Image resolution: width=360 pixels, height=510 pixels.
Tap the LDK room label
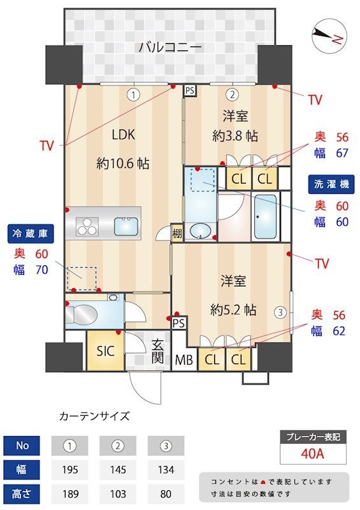124,135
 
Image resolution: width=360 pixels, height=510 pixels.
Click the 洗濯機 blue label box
331,184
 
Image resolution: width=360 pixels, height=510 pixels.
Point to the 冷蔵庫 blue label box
29,233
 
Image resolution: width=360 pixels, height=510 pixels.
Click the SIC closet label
105,351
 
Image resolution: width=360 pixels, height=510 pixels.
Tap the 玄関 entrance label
158,353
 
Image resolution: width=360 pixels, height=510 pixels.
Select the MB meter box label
184,360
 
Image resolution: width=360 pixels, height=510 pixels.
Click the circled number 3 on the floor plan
279,312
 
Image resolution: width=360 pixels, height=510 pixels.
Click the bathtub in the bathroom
264,216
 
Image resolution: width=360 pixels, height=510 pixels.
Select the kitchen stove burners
87,225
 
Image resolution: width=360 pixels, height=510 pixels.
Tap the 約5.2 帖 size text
233,310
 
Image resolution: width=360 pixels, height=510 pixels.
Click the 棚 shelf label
177,234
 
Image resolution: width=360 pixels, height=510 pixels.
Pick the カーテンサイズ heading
94,416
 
